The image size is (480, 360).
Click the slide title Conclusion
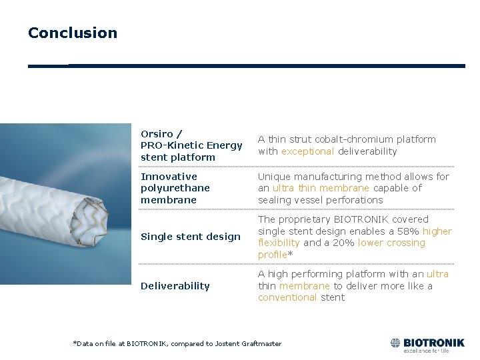(72, 33)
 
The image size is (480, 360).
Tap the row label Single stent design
(190, 237)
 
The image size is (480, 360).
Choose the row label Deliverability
(175, 286)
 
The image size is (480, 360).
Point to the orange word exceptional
(307, 151)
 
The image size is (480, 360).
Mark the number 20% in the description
(343, 243)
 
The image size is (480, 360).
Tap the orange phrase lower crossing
(391, 243)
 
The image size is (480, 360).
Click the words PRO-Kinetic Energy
(191, 145)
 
